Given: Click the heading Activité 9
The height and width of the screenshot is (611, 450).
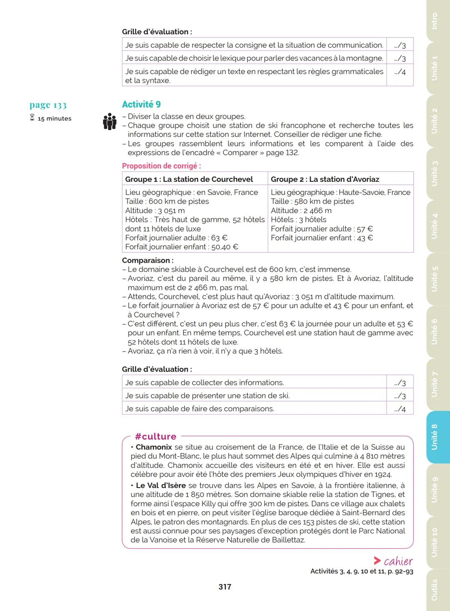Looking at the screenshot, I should tap(141, 104).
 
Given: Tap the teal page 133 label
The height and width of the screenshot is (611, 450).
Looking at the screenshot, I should tap(48, 105).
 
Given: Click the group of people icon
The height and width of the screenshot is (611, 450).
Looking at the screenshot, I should tap(110, 121).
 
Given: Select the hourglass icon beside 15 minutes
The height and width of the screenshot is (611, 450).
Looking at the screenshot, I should tap(32, 118).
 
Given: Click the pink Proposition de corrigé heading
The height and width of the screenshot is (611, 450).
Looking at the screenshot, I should tap(161, 166).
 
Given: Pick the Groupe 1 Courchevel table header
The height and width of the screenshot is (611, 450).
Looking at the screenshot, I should tap(189, 179).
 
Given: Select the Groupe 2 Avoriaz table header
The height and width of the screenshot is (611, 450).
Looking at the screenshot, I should tap(325, 179).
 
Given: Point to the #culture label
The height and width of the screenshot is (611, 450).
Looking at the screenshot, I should tap(155, 436).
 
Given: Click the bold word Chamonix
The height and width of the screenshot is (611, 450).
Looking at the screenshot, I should tap(154, 447).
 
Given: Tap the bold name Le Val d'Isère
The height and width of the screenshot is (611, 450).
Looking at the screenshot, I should tap(161, 485).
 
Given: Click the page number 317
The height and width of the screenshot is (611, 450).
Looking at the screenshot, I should tap(225, 587).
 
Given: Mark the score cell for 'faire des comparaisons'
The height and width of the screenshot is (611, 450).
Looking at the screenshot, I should tap(400, 409).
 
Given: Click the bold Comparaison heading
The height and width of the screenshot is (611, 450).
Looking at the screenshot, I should tap(147, 260).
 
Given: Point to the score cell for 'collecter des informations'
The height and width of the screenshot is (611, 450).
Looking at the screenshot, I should tap(400, 382).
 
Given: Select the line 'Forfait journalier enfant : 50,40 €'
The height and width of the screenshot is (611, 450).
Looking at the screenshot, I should tap(182, 247).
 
